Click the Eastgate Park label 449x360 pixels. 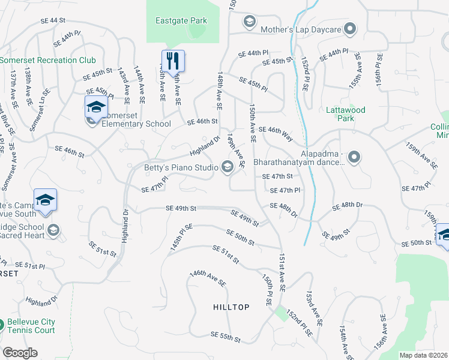click(x=181, y=21)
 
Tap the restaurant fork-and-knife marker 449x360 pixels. click(x=173, y=61)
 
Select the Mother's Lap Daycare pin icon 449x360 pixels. click(x=351, y=29)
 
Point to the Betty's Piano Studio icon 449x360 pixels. click(x=228, y=167)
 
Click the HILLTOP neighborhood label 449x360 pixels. click(x=231, y=307)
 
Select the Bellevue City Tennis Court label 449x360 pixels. click(x=31, y=326)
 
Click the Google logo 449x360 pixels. click(x=20, y=353)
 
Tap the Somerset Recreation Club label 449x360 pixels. click(x=48, y=61)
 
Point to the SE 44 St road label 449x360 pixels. click(x=53, y=20)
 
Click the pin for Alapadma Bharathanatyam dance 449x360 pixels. click(x=354, y=158)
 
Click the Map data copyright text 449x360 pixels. click(x=423, y=355)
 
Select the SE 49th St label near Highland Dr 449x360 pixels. click(x=181, y=209)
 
